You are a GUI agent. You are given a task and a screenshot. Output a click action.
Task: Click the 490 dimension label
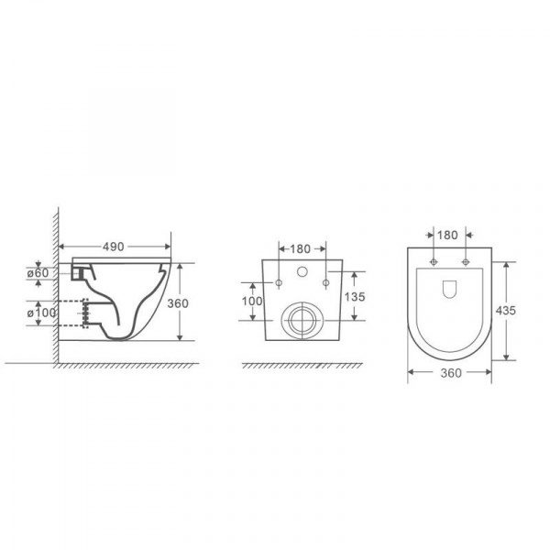click(114, 247)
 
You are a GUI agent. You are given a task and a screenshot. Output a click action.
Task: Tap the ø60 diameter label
click(38, 273)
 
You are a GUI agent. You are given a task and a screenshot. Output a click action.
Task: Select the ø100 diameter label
click(41, 313)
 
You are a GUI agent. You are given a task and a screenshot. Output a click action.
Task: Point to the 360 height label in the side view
click(178, 303)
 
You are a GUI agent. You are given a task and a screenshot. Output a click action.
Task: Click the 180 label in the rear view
click(301, 248)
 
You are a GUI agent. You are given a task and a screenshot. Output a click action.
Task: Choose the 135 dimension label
click(355, 297)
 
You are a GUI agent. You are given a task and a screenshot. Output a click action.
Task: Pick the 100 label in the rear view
click(252, 301)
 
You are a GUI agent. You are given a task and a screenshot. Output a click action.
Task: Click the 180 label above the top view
click(447, 235)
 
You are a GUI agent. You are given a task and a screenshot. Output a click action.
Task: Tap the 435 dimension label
click(505, 311)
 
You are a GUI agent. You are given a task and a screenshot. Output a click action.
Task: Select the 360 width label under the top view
click(451, 373)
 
